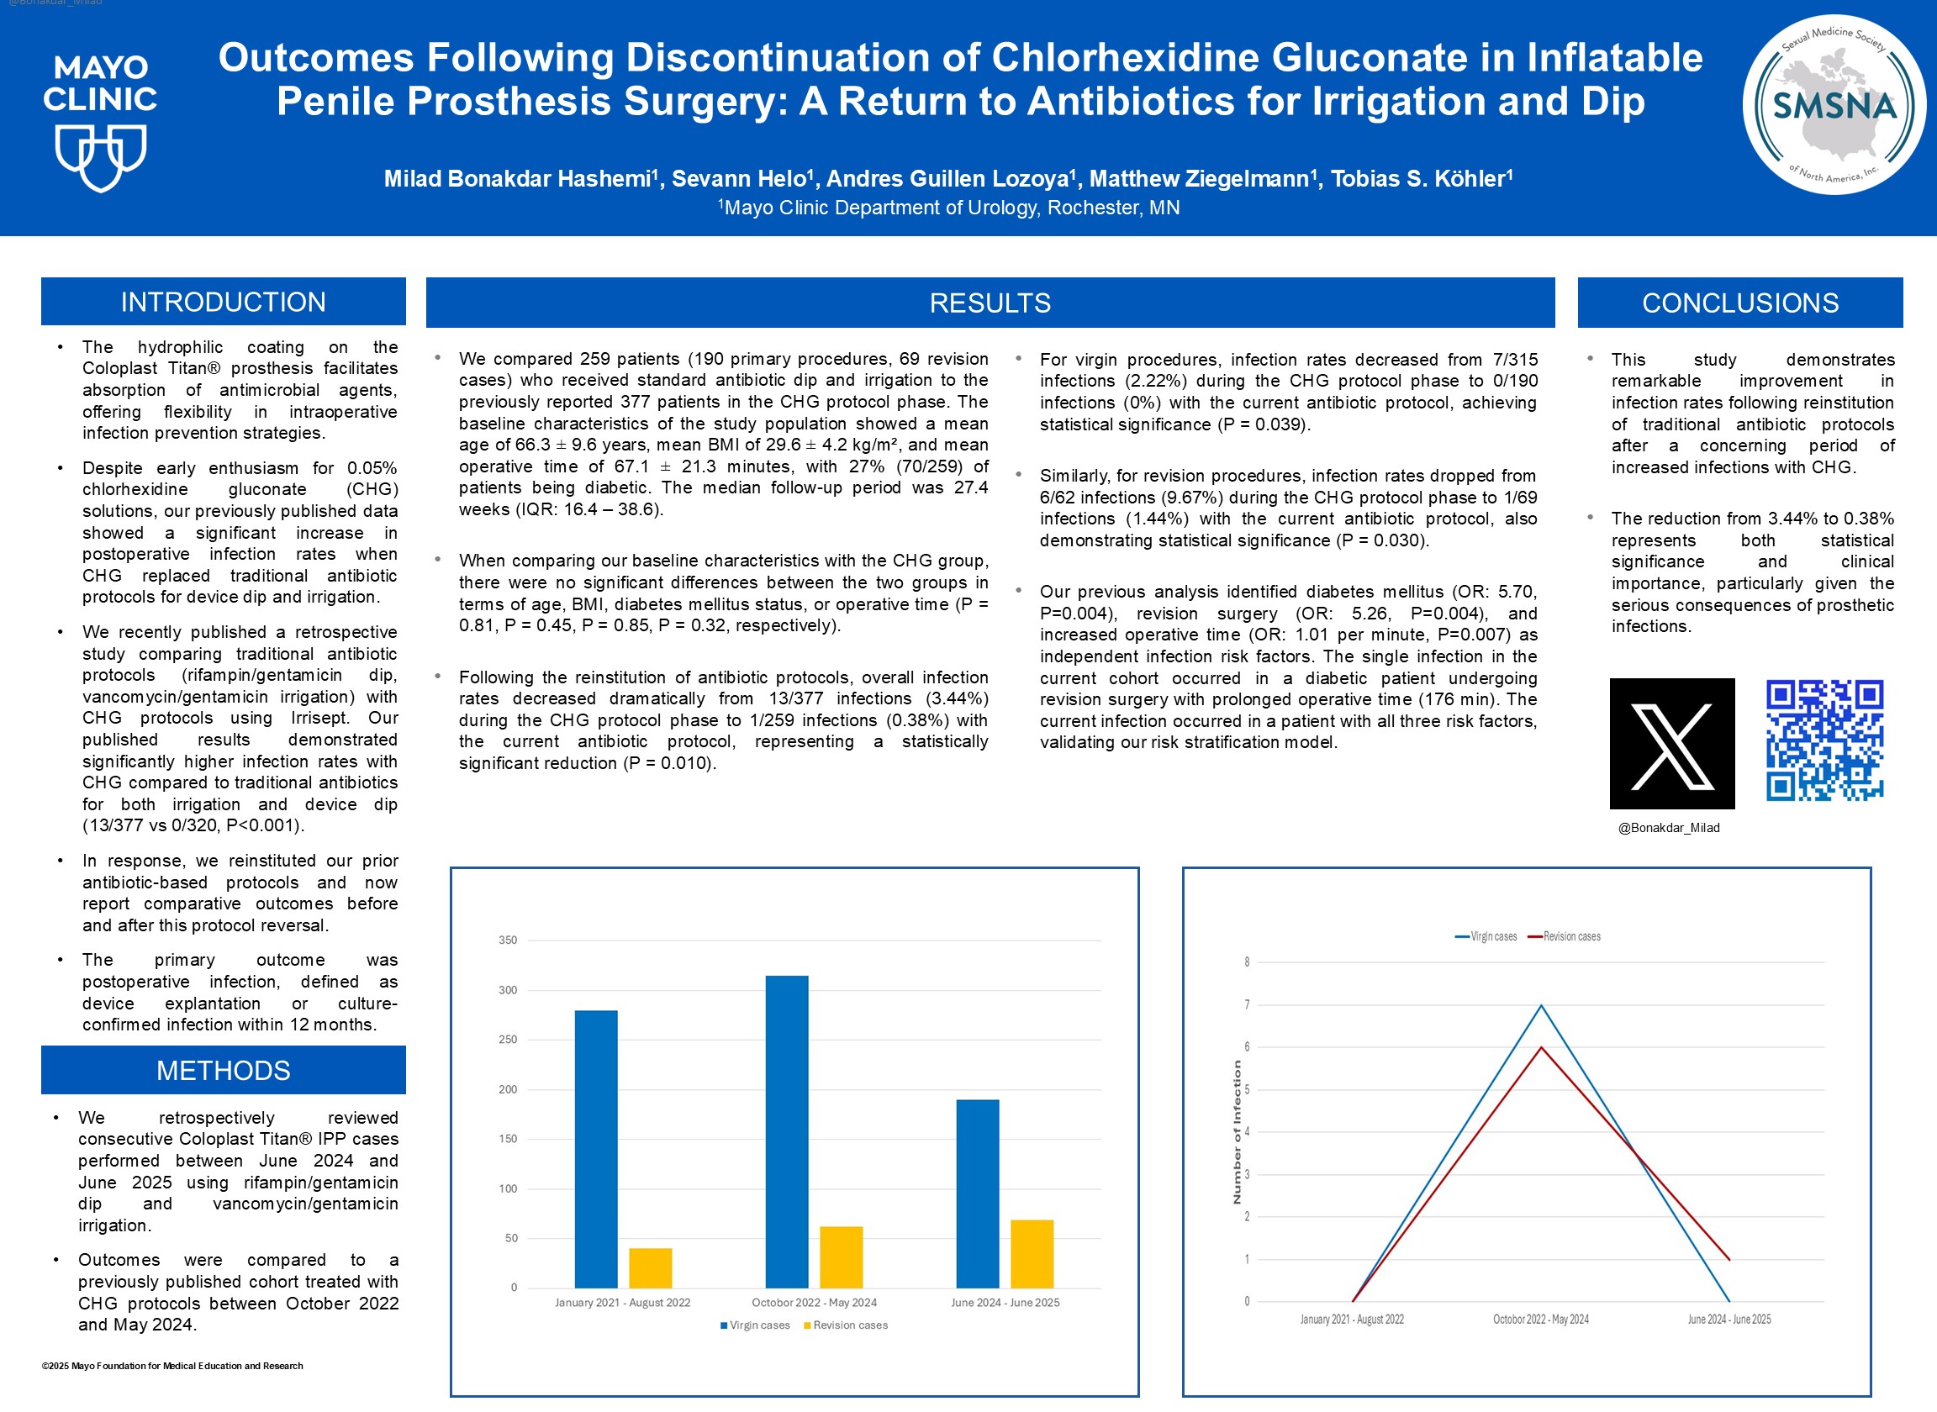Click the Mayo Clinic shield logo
tap(101, 157)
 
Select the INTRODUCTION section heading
tap(223, 302)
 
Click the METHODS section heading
tap(223, 1070)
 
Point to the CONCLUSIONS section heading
tap(1739, 303)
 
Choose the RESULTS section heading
tap(990, 303)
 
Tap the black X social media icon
tap(1672, 744)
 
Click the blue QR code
tap(1824, 740)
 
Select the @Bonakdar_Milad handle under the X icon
tap(1669, 827)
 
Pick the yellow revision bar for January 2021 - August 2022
tap(651, 1267)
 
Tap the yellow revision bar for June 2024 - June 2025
tap(1032, 1254)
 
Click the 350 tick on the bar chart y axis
tap(508, 940)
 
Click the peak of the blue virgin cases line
tap(1541, 1005)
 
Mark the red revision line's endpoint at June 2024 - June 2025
tap(1729, 1259)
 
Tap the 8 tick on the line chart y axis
tap(1247, 962)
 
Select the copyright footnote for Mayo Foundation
tap(172, 1366)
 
